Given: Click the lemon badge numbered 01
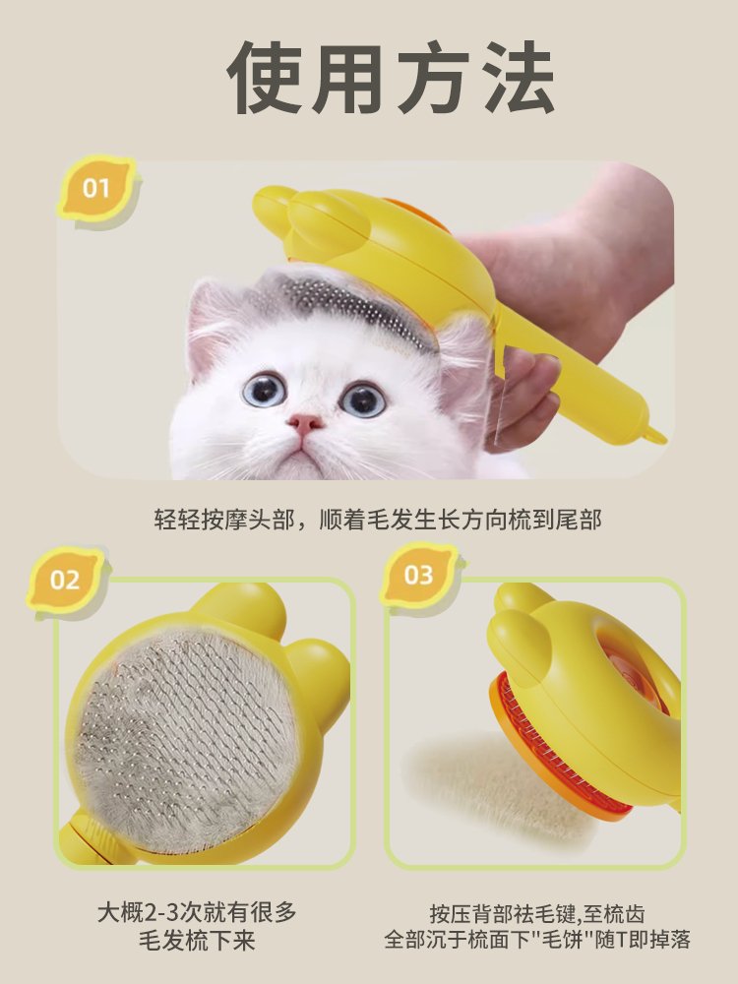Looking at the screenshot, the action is click(x=96, y=188).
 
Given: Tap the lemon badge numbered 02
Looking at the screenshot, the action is click(x=65, y=581).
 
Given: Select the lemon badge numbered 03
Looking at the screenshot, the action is click(x=419, y=575).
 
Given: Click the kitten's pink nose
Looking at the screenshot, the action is click(x=305, y=424).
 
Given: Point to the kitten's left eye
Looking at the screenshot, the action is click(x=264, y=391).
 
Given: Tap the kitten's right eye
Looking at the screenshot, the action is click(x=363, y=399).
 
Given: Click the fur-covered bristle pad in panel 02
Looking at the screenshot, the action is click(x=186, y=741).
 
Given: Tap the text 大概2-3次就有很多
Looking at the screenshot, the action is click(x=197, y=912).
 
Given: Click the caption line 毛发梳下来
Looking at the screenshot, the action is click(x=197, y=941).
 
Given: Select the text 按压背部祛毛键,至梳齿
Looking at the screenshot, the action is click(x=537, y=913).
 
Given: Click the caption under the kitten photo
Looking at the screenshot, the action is click(x=378, y=520).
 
